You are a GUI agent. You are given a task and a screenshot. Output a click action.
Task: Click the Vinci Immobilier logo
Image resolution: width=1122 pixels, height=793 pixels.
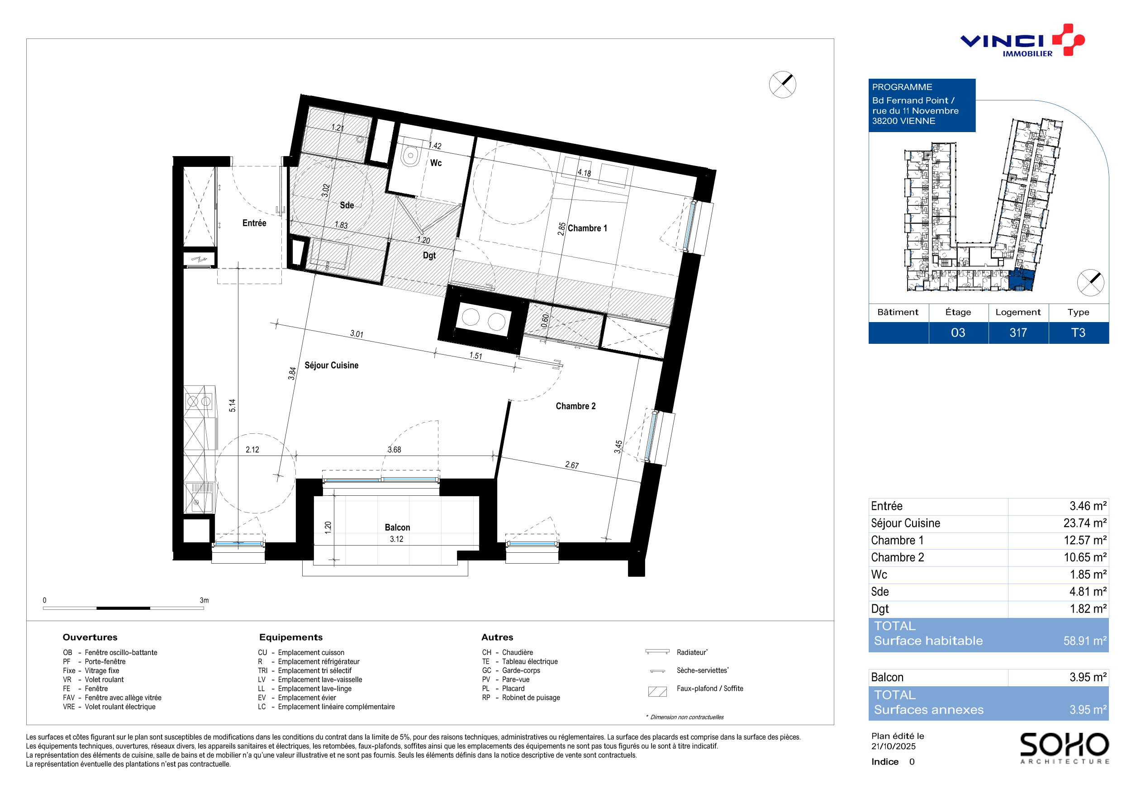point(1022,41)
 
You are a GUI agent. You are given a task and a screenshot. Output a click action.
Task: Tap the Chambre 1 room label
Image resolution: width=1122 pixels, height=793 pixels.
point(587,228)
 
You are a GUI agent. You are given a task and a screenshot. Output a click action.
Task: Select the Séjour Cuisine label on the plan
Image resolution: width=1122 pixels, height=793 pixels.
point(331,365)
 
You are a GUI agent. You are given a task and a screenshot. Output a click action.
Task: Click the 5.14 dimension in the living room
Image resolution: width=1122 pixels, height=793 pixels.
point(232,405)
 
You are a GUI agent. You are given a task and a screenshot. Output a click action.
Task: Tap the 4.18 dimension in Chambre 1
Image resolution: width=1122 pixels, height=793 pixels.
point(584,172)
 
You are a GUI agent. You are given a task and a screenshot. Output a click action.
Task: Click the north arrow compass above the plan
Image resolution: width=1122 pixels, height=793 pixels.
point(782,85)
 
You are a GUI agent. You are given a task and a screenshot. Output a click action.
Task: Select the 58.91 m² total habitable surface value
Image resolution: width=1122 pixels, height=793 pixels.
point(1085,641)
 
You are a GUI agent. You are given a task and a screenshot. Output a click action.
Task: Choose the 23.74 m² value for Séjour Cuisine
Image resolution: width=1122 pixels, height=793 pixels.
point(1085,523)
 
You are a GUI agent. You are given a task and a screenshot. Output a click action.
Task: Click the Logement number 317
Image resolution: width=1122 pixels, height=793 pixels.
point(1018,333)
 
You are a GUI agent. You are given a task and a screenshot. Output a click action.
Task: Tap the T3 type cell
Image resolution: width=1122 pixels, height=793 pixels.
point(1078,333)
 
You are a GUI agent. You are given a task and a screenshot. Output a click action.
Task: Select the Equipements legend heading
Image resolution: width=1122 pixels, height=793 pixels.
point(291,637)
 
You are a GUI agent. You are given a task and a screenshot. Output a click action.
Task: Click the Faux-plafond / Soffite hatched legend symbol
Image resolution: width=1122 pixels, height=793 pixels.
point(657,691)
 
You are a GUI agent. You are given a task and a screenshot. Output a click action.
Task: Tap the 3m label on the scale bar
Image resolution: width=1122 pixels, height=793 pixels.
point(204,600)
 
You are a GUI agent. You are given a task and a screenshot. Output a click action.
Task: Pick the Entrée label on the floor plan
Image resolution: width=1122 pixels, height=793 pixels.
point(254,223)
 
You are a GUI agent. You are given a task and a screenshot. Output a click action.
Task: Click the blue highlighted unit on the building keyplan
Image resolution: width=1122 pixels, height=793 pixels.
point(1022,279)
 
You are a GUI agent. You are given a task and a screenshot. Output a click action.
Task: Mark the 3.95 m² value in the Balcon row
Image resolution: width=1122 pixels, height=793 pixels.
point(1088,677)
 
